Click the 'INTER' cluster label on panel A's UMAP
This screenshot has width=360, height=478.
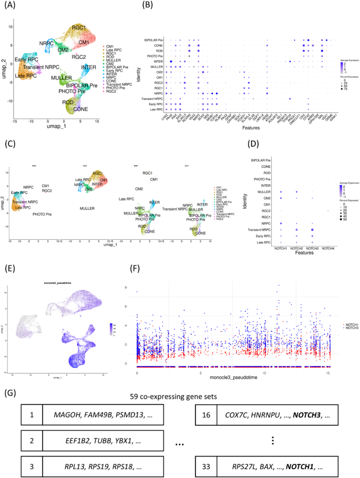pyautogui.click(x=88, y=68)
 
